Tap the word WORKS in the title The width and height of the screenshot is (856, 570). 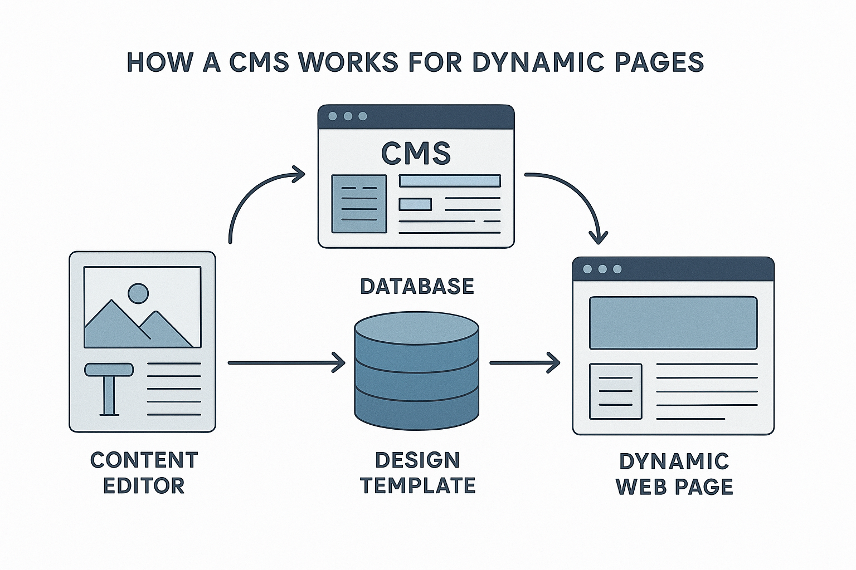coord(349,62)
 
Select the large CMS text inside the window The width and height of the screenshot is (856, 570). coord(416,153)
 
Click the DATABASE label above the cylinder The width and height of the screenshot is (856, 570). coord(417,286)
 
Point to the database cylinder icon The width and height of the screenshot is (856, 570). coord(416,372)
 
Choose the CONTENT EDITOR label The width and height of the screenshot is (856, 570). coord(144,473)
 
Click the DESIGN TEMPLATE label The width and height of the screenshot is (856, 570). coord(417,473)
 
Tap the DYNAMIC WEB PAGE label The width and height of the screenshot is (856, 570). coord(674,474)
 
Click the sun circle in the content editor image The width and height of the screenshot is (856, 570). coord(138,293)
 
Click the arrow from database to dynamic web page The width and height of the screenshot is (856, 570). coord(524,363)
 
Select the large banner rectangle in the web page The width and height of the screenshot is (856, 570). coord(673,323)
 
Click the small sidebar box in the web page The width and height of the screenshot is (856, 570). coord(615,391)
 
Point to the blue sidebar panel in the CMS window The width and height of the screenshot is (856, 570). coord(359,204)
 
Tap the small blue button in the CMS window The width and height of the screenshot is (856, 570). coord(415,204)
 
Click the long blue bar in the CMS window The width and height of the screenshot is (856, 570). coord(450,181)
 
